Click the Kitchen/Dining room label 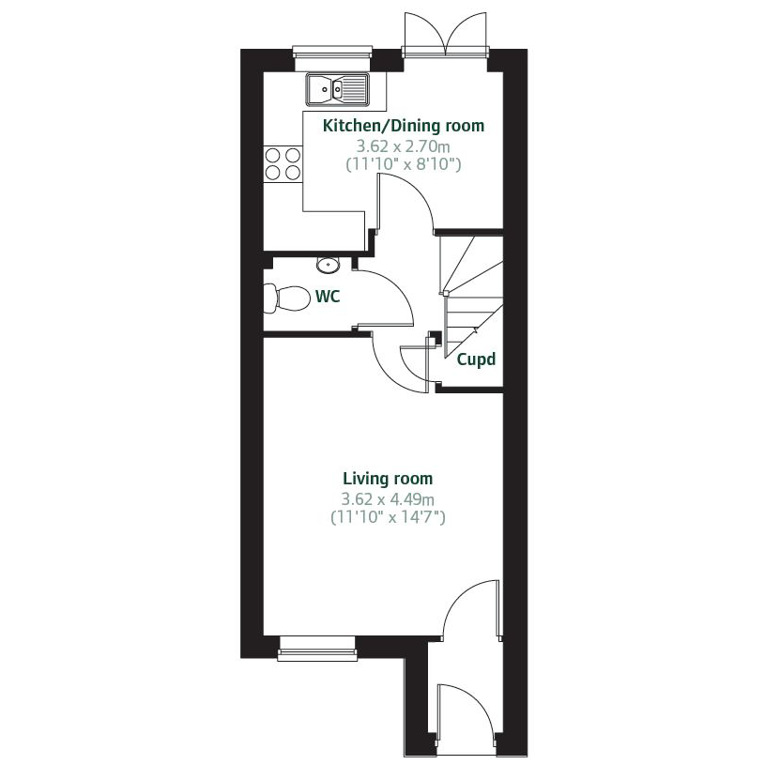pos(404,126)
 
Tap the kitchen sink pos(337,90)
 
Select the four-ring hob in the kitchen pos(283,163)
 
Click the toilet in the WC pos(286,298)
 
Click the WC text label pos(328,298)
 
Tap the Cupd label pos(475,360)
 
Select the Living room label pos(387,479)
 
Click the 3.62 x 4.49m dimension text pos(387,498)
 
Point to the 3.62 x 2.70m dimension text pos(404,146)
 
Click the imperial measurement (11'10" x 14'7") pos(387,516)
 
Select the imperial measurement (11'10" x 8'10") pos(404,164)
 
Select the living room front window pos(317,648)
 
